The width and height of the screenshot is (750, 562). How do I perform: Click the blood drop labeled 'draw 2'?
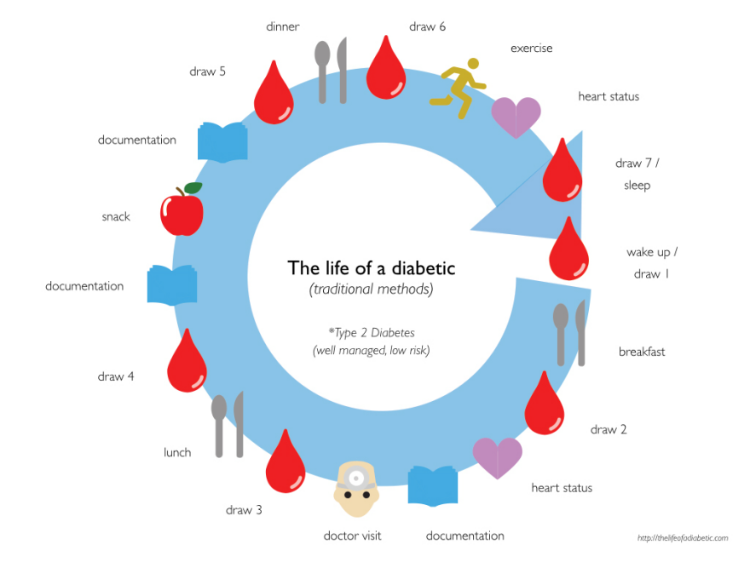pos(544,405)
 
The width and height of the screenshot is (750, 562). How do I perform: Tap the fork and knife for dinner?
pos(332,72)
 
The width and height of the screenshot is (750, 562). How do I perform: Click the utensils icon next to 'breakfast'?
pos(570,333)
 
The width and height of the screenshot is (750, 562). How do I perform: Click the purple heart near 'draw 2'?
pos(498,457)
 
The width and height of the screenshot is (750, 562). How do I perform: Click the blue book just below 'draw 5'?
pos(222,141)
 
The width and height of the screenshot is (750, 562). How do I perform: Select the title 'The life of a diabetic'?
pos(372,268)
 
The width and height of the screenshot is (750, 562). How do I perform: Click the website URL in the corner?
pos(683,538)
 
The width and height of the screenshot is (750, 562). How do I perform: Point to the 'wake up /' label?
pos(652,252)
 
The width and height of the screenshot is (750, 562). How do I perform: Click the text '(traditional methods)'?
pos(372,290)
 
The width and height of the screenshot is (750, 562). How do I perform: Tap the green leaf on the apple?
pos(193,187)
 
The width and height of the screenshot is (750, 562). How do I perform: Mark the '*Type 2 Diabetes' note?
pos(372,332)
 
